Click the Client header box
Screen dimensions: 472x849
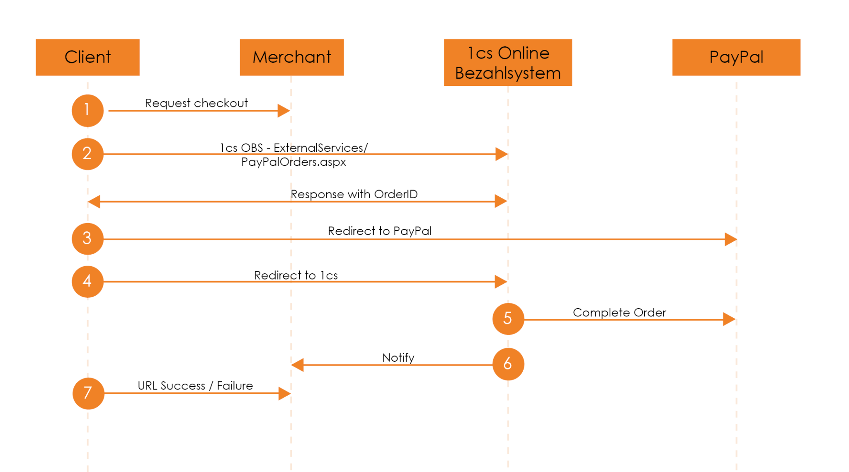coord(87,57)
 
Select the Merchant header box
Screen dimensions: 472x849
coord(291,57)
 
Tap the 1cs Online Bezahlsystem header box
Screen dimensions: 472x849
coord(507,63)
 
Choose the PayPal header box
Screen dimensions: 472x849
coord(736,57)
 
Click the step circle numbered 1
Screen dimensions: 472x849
coord(87,110)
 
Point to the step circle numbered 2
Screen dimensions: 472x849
coord(87,154)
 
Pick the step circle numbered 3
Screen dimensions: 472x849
coord(87,238)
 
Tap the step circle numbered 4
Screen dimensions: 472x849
coord(87,281)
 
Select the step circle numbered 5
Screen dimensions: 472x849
coord(508,319)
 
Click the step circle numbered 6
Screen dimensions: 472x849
coord(508,364)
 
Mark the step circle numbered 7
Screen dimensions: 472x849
coord(88,393)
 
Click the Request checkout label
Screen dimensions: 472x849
coord(196,103)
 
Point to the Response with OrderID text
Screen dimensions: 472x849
coord(354,194)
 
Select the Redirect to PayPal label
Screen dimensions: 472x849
coord(379,231)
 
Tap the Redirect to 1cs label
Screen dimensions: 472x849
coord(296,275)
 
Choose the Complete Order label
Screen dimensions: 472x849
coord(619,312)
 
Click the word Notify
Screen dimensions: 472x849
coord(398,358)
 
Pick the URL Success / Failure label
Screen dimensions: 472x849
coord(195,386)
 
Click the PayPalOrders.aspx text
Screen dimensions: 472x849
coord(294,162)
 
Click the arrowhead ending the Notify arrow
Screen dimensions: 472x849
coord(298,365)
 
